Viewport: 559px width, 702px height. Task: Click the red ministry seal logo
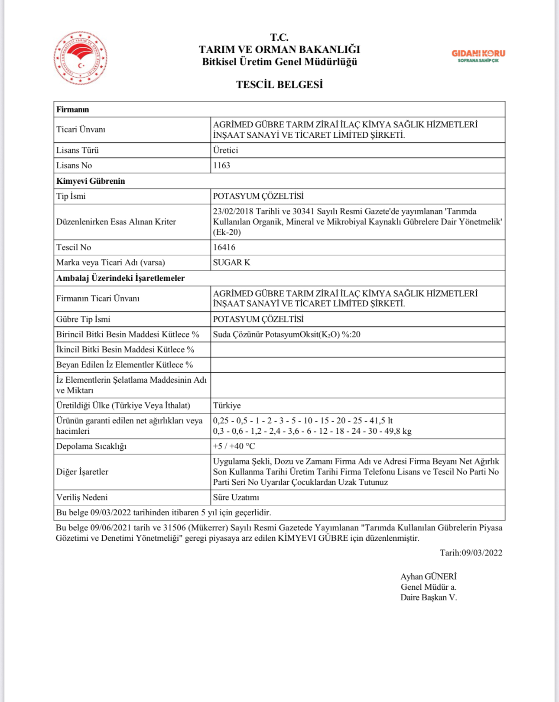[x=81, y=58]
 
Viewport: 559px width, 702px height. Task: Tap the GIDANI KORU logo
[x=478, y=55]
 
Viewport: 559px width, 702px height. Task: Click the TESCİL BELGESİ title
[x=279, y=84]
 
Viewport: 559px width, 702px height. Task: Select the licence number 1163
[x=221, y=166]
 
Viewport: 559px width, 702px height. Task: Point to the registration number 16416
[x=224, y=247]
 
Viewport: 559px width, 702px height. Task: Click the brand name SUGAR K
[x=231, y=263]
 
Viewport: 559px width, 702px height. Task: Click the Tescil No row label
[x=74, y=247]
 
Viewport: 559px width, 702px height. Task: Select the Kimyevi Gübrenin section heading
[x=91, y=181]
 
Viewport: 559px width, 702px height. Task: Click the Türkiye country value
[x=227, y=406]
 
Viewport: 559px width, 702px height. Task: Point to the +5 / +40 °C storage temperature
[x=234, y=446]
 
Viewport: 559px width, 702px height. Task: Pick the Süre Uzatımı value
[x=236, y=497]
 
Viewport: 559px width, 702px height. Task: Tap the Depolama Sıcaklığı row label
[x=91, y=446]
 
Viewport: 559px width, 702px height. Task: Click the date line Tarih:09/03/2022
[x=471, y=552]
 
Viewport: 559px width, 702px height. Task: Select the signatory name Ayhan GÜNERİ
[x=428, y=577]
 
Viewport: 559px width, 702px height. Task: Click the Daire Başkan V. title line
[x=429, y=598]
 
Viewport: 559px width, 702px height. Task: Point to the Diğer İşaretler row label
[x=82, y=472]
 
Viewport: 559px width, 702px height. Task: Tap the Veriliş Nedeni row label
[x=82, y=497]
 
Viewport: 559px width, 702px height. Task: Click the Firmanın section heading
[x=72, y=110]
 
